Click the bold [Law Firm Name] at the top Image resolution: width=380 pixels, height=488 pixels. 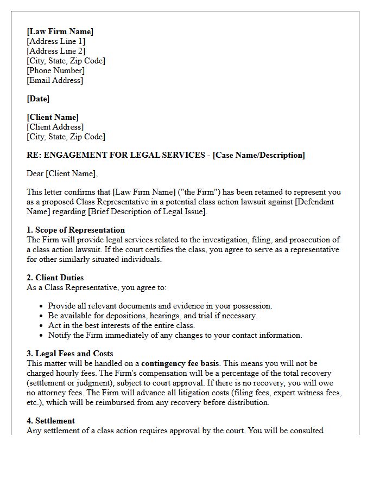(x=60, y=31)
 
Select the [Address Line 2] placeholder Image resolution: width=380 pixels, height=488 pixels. (x=56, y=51)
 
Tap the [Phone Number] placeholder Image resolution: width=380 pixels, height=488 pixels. (x=55, y=70)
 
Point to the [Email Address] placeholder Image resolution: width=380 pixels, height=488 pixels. (x=55, y=80)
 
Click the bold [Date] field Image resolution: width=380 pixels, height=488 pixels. (x=38, y=99)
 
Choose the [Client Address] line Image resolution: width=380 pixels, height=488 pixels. (x=55, y=127)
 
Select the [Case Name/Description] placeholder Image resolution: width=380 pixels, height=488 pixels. (x=259, y=155)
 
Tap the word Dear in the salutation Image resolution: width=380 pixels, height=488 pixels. (x=35, y=174)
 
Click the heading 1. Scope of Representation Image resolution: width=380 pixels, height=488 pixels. (x=75, y=230)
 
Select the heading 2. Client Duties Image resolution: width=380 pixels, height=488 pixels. (x=55, y=278)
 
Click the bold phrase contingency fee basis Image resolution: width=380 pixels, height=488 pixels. (x=180, y=363)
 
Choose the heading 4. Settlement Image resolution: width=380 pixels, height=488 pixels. (x=50, y=421)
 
